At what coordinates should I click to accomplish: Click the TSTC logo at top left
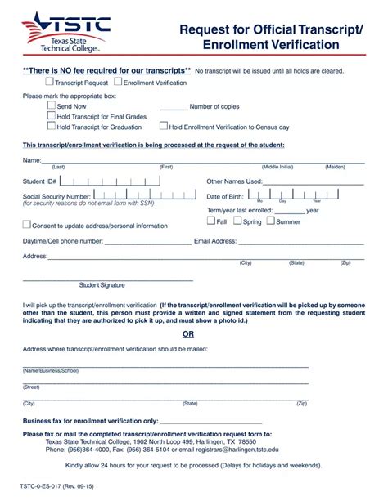tap(66, 32)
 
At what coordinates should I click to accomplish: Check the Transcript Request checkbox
tap(50, 83)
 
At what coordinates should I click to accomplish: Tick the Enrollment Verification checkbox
tap(119, 83)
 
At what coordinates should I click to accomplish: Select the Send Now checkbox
tap(52, 105)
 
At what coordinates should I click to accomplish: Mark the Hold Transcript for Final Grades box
tap(52, 116)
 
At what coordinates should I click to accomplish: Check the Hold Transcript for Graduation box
tap(52, 127)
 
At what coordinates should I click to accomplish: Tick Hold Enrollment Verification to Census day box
tap(164, 127)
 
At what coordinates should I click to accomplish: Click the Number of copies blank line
tap(173, 107)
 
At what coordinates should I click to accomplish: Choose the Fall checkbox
tap(211, 221)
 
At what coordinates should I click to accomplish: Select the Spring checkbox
tap(237, 221)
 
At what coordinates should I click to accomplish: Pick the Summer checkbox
tap(271, 221)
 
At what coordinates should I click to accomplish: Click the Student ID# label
tap(40, 181)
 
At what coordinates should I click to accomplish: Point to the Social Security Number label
tap(56, 197)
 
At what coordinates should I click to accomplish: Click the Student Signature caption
tap(102, 285)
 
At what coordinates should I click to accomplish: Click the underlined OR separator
tap(188, 334)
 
